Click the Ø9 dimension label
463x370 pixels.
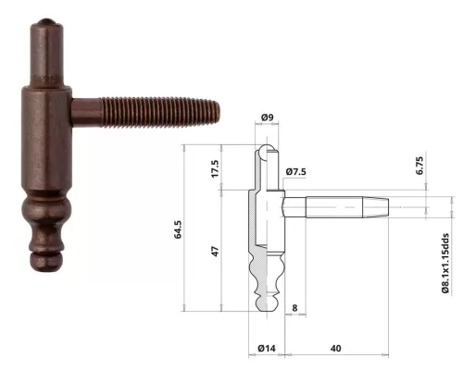tap(266, 117)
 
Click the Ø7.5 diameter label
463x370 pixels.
tap(296, 172)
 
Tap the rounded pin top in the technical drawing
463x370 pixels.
tap(267, 149)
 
